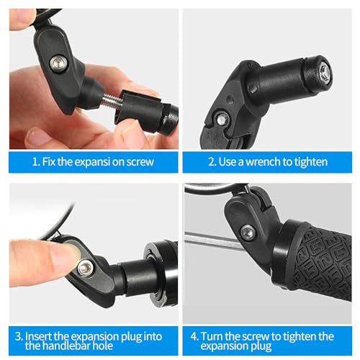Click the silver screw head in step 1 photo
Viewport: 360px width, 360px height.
pos(58,63)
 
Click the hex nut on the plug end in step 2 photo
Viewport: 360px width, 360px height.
pos(324,73)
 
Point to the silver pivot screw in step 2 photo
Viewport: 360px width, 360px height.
pos(222,119)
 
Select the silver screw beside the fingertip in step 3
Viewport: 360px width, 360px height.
pos(85,269)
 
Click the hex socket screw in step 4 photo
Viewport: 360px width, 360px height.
pos(248,232)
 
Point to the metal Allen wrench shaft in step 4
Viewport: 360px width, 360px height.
pos(214,239)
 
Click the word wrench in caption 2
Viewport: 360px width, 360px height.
pos(263,162)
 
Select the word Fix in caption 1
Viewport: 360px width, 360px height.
pos(49,162)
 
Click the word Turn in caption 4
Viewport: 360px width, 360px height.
pos(212,336)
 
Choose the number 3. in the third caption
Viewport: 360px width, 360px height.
pos(19,336)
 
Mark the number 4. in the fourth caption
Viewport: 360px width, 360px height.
pos(194,336)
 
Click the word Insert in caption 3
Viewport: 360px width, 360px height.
pos(38,336)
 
